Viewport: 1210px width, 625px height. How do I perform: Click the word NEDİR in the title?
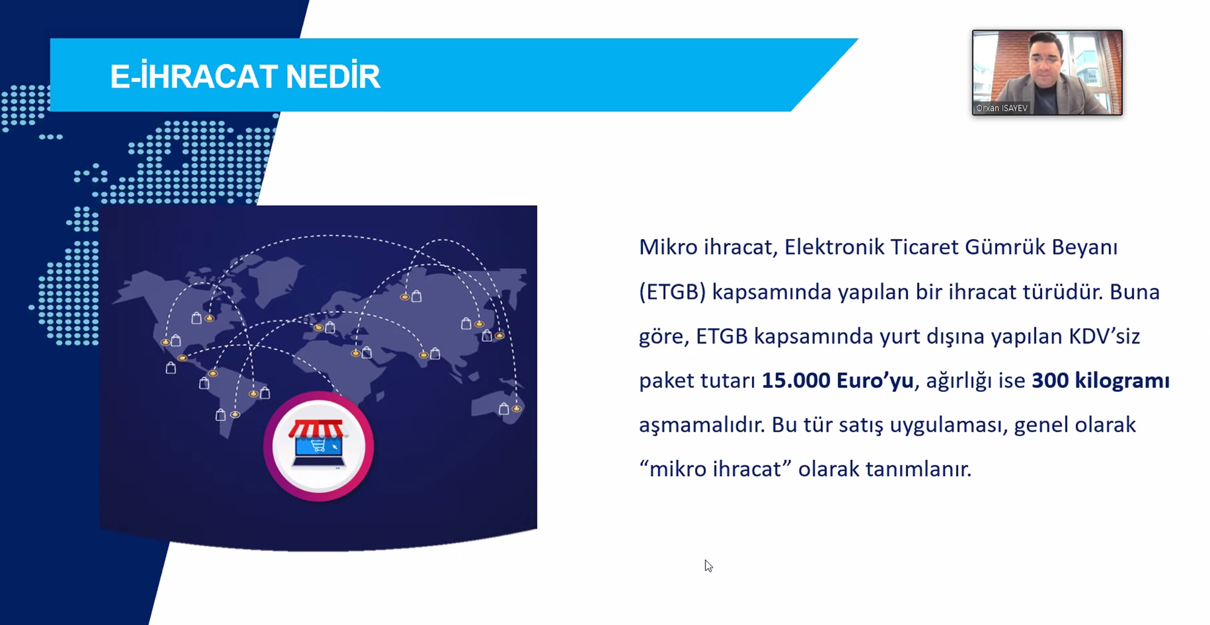click(x=333, y=76)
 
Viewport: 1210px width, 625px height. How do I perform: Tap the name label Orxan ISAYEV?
click(x=1002, y=108)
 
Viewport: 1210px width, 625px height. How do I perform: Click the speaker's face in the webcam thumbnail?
click(x=1045, y=60)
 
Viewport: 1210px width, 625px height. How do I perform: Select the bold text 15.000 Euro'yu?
click(x=837, y=381)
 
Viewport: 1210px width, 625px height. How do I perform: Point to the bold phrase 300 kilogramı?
click(x=1100, y=381)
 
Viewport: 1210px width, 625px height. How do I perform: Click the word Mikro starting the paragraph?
click(x=668, y=247)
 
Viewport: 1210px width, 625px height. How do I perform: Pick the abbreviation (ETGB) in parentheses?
click(x=672, y=292)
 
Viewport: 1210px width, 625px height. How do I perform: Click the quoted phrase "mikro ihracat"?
click(x=716, y=469)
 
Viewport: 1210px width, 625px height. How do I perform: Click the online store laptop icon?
click(x=319, y=447)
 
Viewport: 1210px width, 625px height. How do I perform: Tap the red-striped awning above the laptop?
click(x=317, y=430)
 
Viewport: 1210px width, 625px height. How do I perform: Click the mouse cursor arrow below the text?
click(x=708, y=566)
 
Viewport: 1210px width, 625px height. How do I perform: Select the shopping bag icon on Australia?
click(x=503, y=409)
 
